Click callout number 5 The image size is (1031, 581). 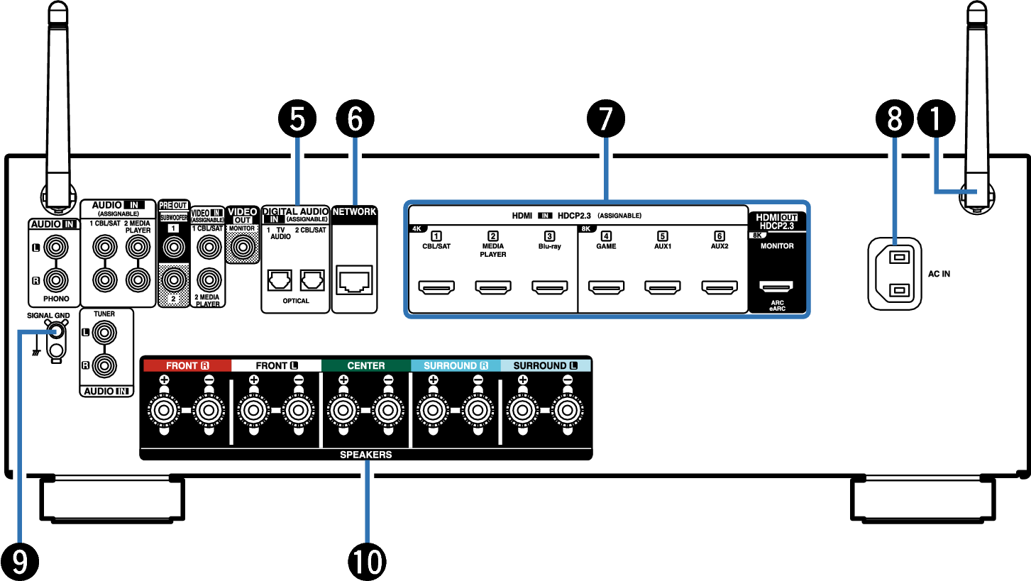coord(298,119)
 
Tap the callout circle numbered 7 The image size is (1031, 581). coord(605,119)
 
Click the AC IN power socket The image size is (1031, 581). coord(894,273)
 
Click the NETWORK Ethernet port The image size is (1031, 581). coord(354,282)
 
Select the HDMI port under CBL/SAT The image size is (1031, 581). coord(436,287)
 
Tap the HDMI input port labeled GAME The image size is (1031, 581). coord(606,287)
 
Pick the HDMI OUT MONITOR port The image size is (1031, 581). coord(776,287)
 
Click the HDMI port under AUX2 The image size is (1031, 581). coord(719,287)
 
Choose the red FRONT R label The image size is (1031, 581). coord(187,366)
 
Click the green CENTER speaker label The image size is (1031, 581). coord(366,366)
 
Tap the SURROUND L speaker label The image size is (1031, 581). coord(546,366)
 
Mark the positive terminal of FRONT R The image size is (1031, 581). coord(164,409)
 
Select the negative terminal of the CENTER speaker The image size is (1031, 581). coord(387,409)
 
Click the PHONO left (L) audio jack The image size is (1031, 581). coord(55,248)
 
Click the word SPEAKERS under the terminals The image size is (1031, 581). coord(366,455)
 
